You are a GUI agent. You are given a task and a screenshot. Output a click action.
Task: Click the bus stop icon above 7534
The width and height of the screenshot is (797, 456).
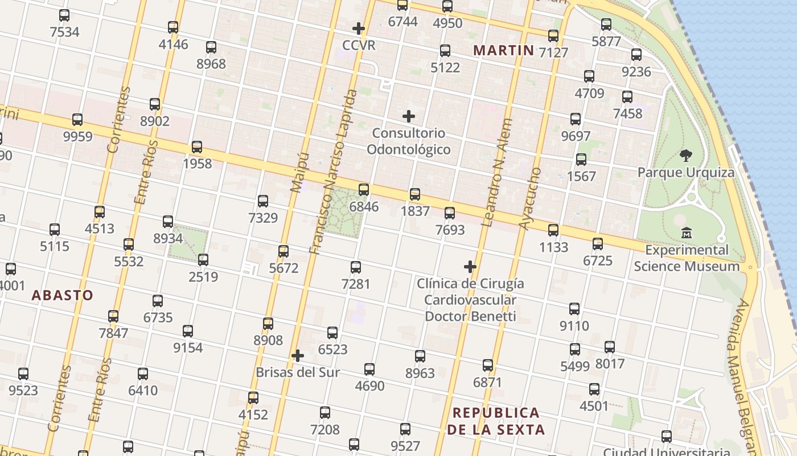(64, 15)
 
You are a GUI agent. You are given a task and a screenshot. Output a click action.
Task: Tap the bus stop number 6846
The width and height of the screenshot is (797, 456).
(364, 206)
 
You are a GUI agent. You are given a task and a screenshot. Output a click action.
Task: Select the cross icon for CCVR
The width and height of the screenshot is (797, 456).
(359, 28)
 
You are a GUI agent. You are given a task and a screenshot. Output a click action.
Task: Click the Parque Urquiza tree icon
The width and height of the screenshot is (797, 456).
(686, 155)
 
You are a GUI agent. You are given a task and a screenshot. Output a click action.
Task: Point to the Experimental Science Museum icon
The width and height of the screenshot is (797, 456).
(687, 233)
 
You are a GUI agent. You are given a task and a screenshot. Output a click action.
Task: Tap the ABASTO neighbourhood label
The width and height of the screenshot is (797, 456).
(62, 295)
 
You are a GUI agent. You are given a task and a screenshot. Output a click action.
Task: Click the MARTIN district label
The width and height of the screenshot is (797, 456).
(504, 50)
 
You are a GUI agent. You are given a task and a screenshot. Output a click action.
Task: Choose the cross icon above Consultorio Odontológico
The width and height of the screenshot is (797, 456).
(409, 116)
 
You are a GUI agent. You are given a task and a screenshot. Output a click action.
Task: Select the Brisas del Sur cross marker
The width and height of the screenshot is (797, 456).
(297, 356)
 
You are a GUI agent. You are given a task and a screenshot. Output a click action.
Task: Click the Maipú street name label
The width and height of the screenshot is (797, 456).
(299, 171)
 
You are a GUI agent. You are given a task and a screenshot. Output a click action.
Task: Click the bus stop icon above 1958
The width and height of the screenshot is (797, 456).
(197, 147)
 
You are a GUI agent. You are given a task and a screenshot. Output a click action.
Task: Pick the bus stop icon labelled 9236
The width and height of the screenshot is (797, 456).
(636, 55)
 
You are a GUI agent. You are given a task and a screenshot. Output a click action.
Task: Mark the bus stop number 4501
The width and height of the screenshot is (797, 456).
(594, 406)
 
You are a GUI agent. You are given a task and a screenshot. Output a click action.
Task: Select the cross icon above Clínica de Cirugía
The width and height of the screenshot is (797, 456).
(470, 266)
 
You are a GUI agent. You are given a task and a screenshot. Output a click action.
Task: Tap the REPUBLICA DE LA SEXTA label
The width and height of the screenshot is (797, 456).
(496, 421)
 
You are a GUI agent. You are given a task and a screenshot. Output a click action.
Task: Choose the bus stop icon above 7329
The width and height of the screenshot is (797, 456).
(263, 201)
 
